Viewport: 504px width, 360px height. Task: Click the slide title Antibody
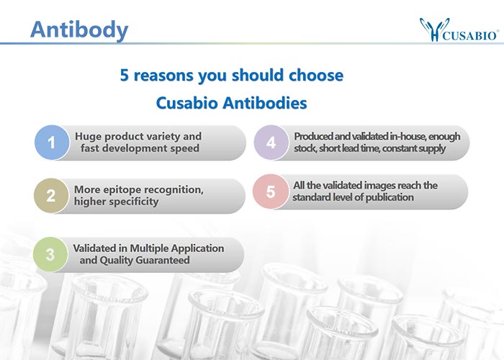pos(79,30)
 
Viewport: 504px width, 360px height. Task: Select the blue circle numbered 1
pos(52,143)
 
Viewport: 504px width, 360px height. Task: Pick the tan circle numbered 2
pos(51,195)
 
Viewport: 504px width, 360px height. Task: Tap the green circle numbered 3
pos(50,254)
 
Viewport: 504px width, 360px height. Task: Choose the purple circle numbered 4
pos(271,143)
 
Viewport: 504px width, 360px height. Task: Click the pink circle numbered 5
pos(270,192)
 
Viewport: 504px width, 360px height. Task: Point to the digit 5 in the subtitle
pos(124,75)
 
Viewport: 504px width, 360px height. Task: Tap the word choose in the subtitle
pos(316,75)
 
